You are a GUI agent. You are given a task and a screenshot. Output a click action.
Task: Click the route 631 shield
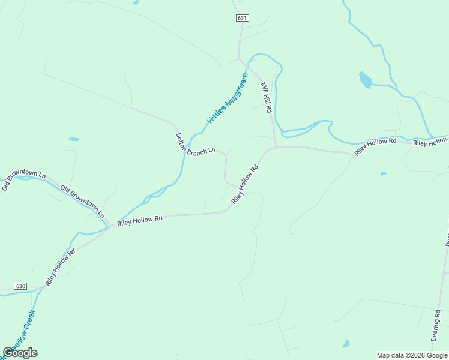pos(242,18)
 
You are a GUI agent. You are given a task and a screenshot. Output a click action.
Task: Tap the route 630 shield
pos(21,286)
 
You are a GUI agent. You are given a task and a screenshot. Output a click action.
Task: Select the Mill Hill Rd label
pos(267,98)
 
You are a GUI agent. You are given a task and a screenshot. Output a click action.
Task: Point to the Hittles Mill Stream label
pos(228,98)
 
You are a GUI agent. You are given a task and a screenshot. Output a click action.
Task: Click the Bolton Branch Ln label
pos(194,145)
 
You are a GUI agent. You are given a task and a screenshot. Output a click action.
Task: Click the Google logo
pos(20,352)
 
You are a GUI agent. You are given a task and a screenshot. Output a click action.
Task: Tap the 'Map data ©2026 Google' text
pos(412,355)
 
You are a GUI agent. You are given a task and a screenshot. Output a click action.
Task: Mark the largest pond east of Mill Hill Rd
pos(365,79)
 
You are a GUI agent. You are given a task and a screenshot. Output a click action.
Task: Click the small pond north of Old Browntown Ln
pos(73,139)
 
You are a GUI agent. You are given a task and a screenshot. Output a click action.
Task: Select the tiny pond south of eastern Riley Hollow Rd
pos(384,174)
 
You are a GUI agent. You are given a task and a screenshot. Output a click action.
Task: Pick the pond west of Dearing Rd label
pos(346,344)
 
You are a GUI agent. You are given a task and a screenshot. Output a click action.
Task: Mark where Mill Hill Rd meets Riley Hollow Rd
pos(276,146)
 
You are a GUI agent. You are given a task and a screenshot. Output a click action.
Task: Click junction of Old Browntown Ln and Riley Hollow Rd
pos(110,227)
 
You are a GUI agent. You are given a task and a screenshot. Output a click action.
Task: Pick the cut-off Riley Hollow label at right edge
pos(430,142)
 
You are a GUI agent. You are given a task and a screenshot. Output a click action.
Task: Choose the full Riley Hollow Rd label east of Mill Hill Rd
pos(375,147)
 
